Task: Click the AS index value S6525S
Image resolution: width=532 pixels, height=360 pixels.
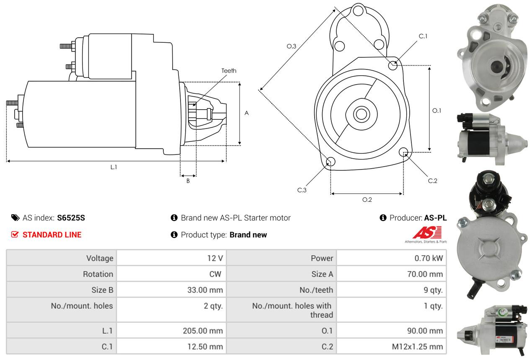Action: pyautogui.click(x=71, y=218)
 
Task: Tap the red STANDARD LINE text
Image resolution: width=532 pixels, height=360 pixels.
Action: pyautogui.click(x=52, y=235)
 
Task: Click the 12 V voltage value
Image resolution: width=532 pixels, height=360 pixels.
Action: pyautogui.click(x=215, y=258)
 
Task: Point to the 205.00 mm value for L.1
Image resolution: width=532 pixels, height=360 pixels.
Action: pyautogui.click(x=203, y=331)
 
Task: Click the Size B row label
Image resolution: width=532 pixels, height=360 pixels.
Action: pyautogui.click(x=102, y=290)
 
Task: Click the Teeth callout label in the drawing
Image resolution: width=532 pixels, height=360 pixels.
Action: pyautogui.click(x=229, y=71)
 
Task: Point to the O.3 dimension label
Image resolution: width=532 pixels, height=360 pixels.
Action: pyautogui.click(x=292, y=46)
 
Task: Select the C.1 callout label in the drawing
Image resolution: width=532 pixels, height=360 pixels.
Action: pyautogui.click(x=423, y=36)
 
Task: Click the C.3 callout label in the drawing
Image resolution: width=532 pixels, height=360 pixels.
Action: pyautogui.click(x=302, y=190)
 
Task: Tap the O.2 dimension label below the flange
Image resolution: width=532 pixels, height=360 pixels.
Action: pyautogui.click(x=367, y=200)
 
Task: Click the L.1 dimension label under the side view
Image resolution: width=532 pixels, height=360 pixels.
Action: pyautogui.click(x=114, y=167)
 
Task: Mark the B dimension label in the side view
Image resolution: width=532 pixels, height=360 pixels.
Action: pyautogui.click(x=188, y=181)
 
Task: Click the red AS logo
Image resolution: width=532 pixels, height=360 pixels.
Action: pyautogui.click(x=426, y=232)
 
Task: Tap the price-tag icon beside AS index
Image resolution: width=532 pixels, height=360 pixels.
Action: pyautogui.click(x=15, y=218)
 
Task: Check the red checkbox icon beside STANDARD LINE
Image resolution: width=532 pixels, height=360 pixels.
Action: pyautogui.click(x=15, y=234)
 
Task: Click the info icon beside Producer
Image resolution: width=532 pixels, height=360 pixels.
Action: pyautogui.click(x=383, y=218)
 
